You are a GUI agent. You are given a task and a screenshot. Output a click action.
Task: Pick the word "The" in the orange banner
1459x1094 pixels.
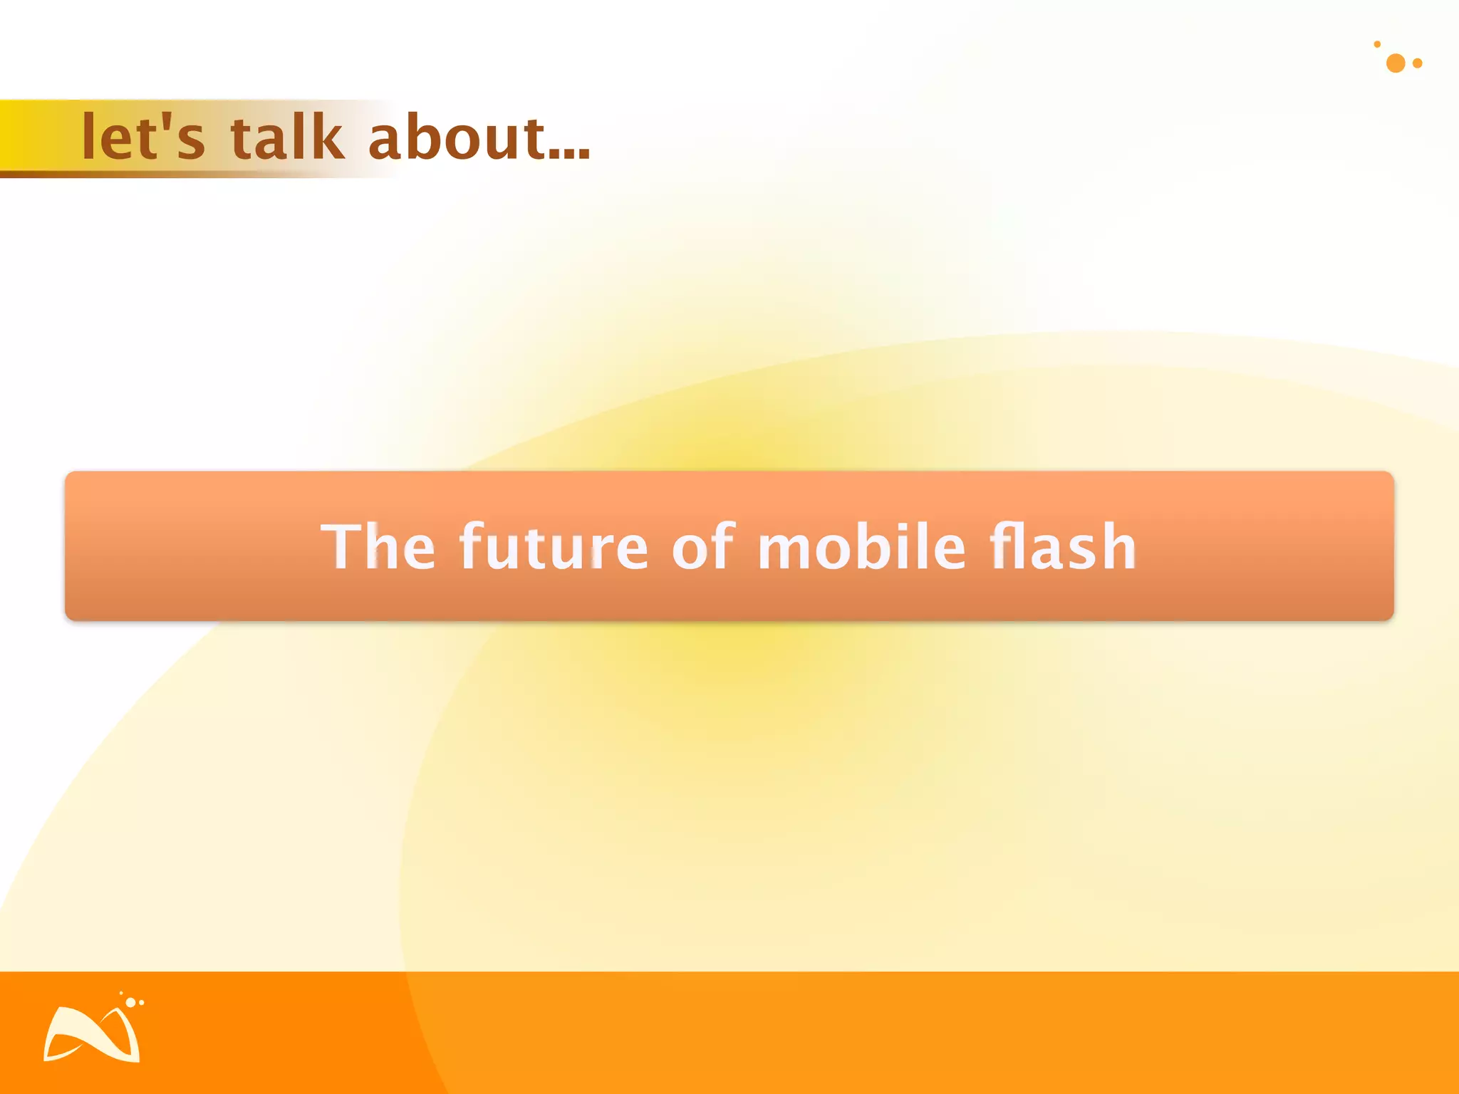click(x=378, y=547)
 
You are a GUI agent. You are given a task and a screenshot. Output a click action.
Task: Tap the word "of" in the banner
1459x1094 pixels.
click(x=702, y=547)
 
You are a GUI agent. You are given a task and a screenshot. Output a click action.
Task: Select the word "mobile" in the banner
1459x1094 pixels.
click(x=861, y=547)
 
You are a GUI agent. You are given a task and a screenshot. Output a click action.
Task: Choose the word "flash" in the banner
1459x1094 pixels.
click(x=1062, y=547)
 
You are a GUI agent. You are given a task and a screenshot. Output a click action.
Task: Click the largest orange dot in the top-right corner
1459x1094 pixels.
click(x=1396, y=63)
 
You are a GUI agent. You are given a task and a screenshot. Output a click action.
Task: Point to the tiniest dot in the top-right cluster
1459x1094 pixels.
click(x=1377, y=44)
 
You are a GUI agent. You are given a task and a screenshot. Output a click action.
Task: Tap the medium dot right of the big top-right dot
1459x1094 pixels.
click(x=1418, y=63)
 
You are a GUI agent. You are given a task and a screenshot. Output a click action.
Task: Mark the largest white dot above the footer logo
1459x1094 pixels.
click(x=130, y=1002)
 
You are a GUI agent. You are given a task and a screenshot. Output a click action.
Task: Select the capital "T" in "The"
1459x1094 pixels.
click(x=338, y=547)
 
